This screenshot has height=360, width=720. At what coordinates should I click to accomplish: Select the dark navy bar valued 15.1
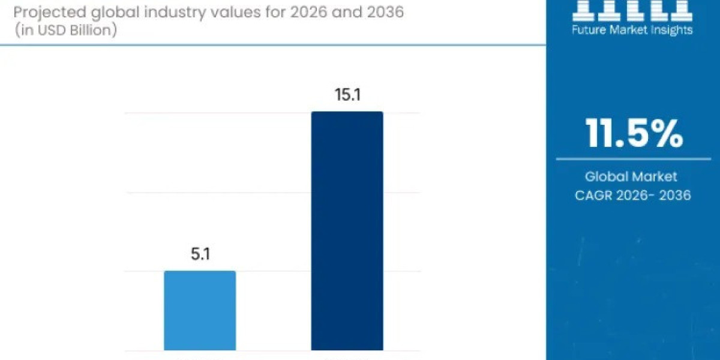(x=347, y=231)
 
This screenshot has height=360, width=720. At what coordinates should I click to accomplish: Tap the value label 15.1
(x=347, y=95)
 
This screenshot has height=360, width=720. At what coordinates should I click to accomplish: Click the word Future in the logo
(x=590, y=29)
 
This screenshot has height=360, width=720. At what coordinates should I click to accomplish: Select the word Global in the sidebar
(x=607, y=176)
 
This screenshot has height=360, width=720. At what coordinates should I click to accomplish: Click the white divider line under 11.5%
(x=634, y=159)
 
